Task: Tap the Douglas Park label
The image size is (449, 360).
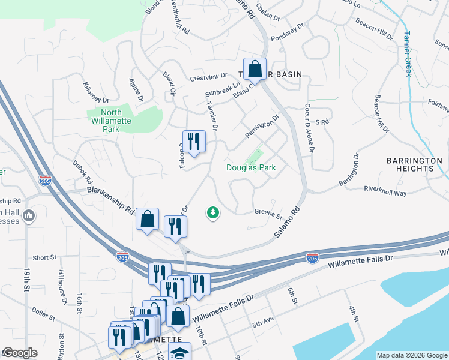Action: [251, 168]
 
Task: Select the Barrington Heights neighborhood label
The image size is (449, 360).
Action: [414, 165]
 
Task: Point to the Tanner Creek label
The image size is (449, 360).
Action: [408, 53]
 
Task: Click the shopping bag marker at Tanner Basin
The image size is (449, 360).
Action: [255, 69]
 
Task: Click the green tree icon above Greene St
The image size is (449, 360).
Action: [212, 212]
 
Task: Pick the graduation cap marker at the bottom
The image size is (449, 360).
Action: [179, 353]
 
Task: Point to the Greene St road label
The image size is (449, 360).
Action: [268, 212]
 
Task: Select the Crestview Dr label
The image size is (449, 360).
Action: [208, 77]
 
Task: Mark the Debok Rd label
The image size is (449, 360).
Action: [83, 172]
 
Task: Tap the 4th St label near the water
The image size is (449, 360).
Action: [354, 316]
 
